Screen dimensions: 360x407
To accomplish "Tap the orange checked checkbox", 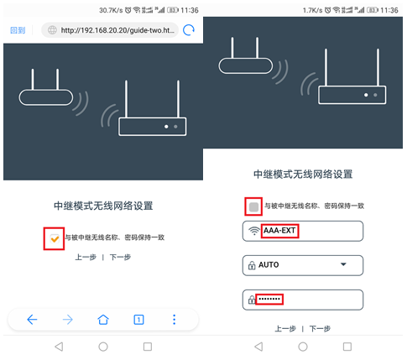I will [x=54, y=237].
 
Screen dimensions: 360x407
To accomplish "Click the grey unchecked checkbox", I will [x=254, y=206].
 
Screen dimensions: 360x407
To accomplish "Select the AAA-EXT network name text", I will [x=280, y=231].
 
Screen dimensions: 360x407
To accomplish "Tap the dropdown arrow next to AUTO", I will [x=342, y=265].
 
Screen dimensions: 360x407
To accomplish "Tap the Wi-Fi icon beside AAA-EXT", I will [x=253, y=231].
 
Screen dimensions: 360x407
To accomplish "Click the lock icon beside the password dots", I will [x=251, y=300].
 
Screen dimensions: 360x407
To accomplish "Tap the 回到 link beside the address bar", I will [x=18, y=30].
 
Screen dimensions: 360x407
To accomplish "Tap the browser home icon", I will [x=103, y=319].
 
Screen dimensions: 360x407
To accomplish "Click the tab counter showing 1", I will [x=138, y=319].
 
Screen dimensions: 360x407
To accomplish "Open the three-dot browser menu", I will [x=174, y=319].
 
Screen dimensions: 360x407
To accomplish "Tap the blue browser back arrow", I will [x=32, y=319].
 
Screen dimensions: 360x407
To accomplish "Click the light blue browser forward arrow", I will [x=67, y=319].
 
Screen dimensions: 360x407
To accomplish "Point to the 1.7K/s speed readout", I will [x=314, y=9].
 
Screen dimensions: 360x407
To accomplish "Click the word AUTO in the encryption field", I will [x=269, y=265].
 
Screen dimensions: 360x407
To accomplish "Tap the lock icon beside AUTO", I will [x=251, y=265].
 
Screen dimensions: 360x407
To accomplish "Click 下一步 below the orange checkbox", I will [x=120, y=258].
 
